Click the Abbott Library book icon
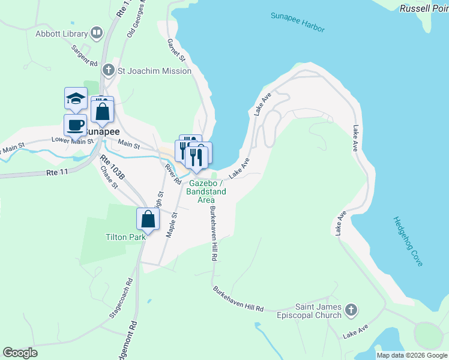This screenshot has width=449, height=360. click(x=96, y=33)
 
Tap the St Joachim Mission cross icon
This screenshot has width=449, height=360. click(x=108, y=71)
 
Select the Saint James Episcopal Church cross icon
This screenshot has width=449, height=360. click(x=351, y=310)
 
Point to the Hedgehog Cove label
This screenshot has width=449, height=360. click(x=408, y=241)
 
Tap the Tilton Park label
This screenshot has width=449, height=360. click(x=125, y=237)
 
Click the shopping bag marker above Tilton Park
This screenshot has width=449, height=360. click(x=148, y=220)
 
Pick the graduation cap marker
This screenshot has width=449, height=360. click(x=76, y=99)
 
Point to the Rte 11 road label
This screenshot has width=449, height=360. click(x=57, y=172)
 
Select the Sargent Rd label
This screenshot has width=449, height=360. click(x=84, y=55)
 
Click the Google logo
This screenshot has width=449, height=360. click(x=20, y=353)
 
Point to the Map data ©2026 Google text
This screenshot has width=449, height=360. click(x=412, y=355)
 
